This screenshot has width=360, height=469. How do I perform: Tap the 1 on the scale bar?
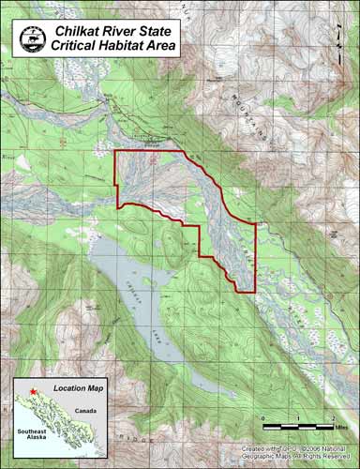pos(299,417)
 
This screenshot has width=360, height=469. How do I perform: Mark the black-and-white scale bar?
pos(298,426)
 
